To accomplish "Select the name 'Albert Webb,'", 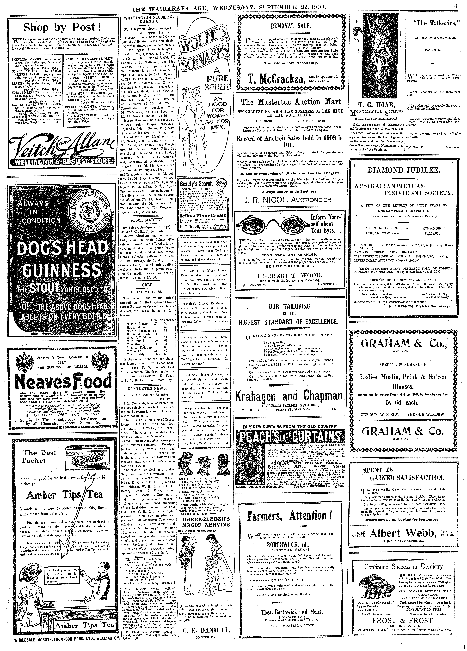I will (402, 533).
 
